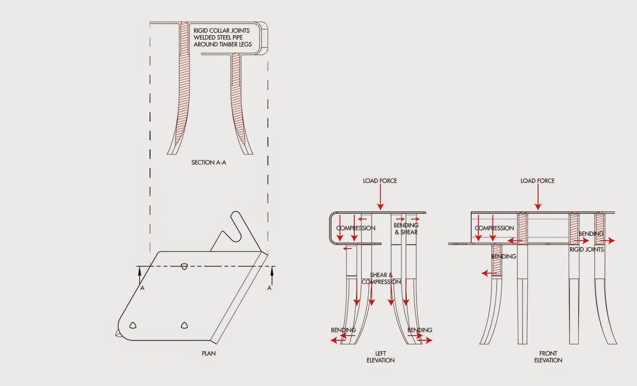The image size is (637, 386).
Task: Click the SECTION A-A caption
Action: pos(209,163)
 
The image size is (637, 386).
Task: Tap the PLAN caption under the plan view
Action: pos(209,353)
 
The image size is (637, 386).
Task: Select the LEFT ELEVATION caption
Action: pos(381,357)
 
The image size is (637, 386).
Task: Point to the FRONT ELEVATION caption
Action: pos(548,357)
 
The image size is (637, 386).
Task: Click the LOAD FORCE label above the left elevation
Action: pos(380,181)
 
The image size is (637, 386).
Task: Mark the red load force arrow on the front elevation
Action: pos(538,197)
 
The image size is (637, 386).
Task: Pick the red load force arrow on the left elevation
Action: pos(380,197)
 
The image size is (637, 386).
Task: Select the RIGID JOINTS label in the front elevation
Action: pos(587,250)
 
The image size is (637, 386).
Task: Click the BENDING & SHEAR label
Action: pos(406,228)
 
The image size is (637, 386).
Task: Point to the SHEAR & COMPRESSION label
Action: pos(381,278)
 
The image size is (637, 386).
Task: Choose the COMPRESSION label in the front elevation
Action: pos(494,228)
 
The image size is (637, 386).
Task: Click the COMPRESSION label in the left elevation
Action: pos(356,228)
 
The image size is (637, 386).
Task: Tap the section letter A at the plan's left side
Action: pos(143,288)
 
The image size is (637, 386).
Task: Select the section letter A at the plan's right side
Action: pos(269,288)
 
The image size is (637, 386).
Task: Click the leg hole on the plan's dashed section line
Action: pos(184,267)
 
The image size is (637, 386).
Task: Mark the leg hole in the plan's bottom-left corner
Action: pos(133,326)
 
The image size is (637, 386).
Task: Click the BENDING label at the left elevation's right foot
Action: pos(420,330)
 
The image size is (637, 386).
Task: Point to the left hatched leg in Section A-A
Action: pos(183,85)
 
